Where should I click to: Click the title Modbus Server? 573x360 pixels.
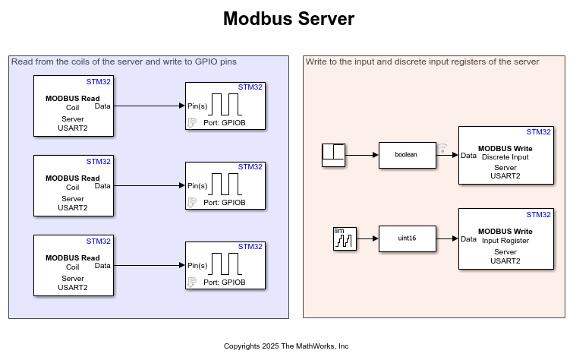point(288,19)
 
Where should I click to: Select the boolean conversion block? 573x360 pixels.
point(406,155)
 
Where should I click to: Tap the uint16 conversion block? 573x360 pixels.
point(406,239)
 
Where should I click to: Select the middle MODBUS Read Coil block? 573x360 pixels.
point(73,186)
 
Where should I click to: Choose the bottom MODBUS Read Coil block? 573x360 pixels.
point(73,266)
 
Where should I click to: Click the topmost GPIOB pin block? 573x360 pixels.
point(225,106)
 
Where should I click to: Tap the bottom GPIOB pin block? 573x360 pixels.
point(225,266)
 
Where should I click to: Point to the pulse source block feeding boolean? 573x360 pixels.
point(333,155)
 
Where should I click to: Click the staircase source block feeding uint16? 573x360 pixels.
point(345,239)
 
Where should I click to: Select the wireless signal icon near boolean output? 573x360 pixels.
point(443,148)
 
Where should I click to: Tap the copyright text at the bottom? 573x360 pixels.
point(286,346)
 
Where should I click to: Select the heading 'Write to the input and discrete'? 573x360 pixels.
point(422,62)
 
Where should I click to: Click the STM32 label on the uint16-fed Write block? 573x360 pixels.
point(539,215)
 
